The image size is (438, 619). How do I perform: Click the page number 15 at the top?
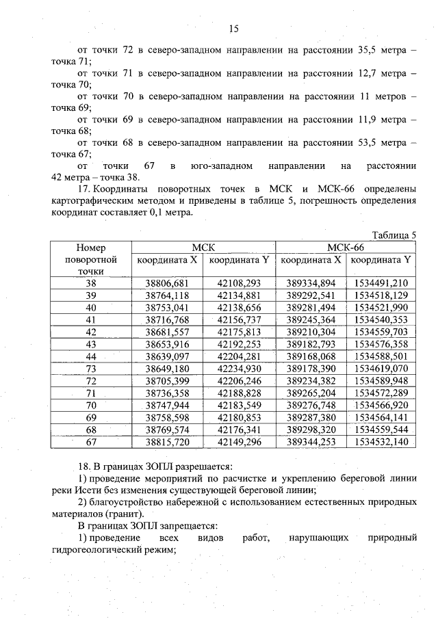(x=233, y=29)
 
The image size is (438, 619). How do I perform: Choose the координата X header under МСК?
(x=167, y=260)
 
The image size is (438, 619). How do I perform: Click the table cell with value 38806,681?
(x=167, y=283)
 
